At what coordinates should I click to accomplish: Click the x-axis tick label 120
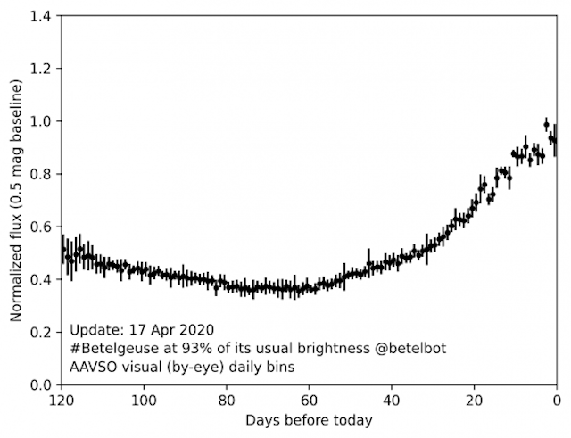click(62, 399)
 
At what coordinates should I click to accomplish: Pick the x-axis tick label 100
click(144, 399)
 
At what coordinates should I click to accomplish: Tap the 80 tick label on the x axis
click(227, 399)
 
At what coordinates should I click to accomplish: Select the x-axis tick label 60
click(310, 399)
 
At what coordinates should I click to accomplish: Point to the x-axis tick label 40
click(392, 399)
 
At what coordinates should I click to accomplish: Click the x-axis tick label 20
click(475, 399)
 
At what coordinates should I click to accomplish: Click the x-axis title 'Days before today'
click(309, 419)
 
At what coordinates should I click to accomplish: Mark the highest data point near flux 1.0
click(546, 124)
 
